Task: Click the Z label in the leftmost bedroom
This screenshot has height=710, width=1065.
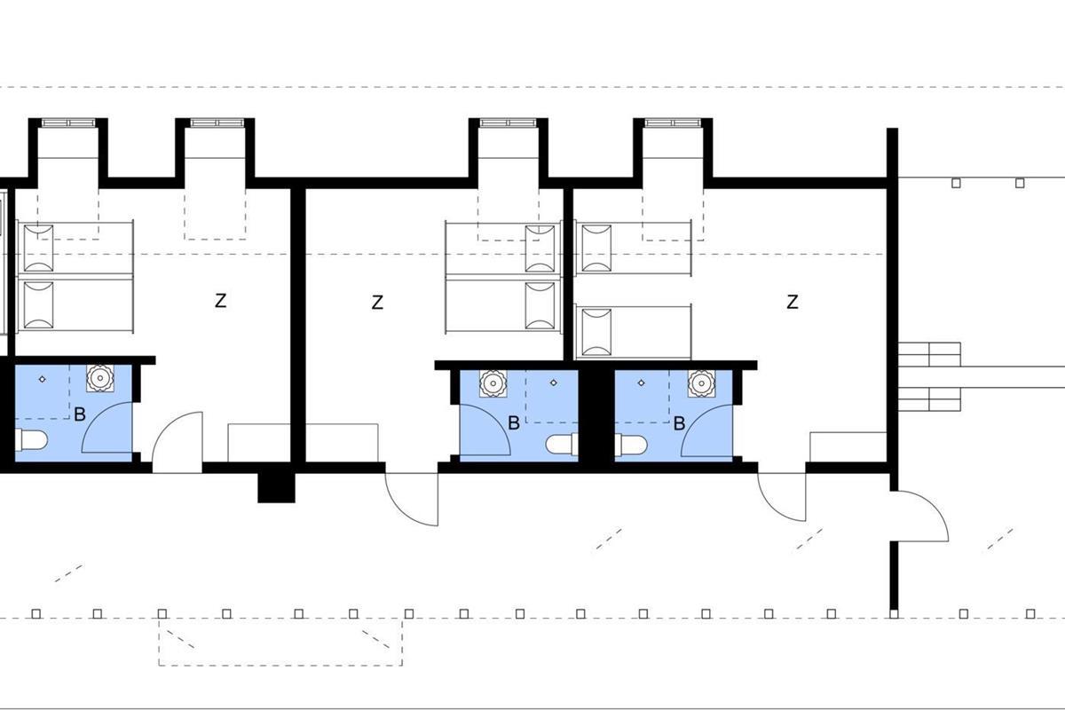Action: point(220,301)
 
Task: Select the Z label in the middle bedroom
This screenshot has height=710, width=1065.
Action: point(377,303)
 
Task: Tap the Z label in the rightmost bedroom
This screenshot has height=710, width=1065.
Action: point(792,302)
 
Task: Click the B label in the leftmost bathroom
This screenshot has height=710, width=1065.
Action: point(80,414)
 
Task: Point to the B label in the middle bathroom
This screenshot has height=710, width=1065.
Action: point(514,422)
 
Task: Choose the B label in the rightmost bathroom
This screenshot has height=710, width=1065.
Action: point(680,422)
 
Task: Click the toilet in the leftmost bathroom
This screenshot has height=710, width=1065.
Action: point(31,440)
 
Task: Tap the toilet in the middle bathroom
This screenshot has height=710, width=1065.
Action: point(562,444)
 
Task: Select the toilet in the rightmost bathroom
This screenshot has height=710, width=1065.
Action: point(631,445)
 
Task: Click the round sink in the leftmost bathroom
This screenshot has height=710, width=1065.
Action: point(99,378)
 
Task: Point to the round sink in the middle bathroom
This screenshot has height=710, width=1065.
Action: point(493,383)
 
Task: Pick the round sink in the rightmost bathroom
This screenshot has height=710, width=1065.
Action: point(702,383)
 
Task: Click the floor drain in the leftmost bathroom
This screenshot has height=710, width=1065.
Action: point(43,379)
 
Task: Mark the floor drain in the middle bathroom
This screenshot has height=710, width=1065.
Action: point(553,383)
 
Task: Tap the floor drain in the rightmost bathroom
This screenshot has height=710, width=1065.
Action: point(642,383)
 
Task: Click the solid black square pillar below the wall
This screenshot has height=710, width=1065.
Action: point(276,487)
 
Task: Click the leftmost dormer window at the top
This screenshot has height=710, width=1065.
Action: point(68,123)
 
